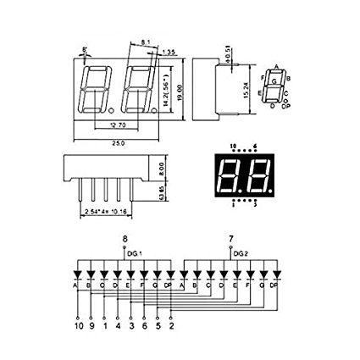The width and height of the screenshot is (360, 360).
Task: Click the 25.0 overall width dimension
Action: click(119, 142)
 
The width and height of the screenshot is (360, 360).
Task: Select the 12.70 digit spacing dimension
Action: click(119, 126)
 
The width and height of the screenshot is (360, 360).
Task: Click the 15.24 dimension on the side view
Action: click(246, 87)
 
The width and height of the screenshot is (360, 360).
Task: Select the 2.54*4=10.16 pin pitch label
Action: click(105, 212)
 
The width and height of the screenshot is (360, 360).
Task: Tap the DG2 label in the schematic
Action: click(241, 252)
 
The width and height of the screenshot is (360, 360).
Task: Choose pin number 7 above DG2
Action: click(231, 239)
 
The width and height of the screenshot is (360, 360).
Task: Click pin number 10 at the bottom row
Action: click(78, 324)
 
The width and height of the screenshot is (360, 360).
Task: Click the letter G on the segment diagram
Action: click(273, 80)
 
